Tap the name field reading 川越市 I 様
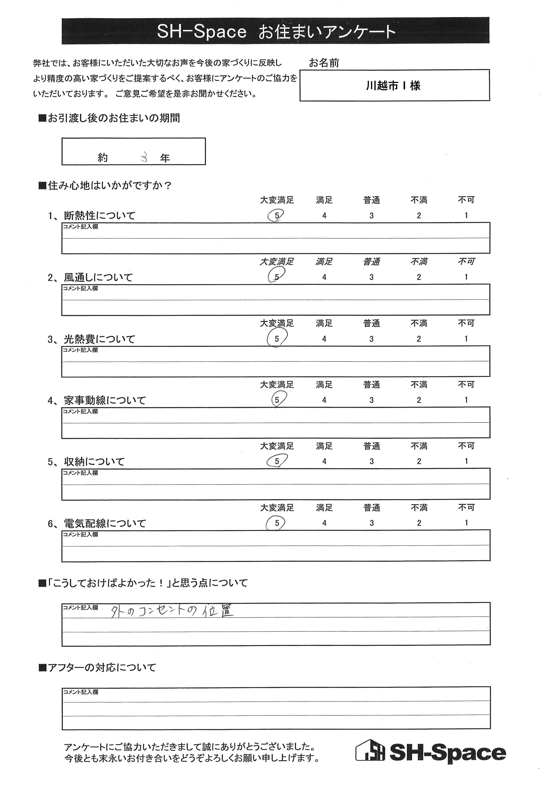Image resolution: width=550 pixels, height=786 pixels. tap(393, 85)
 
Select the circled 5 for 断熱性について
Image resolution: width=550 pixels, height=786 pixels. tap(277, 216)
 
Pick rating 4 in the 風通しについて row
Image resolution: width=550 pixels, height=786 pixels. tap(324, 277)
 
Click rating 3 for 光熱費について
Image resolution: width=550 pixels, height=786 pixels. tap(371, 339)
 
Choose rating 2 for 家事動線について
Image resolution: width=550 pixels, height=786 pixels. tap(419, 400)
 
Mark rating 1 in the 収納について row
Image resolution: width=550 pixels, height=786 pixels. tap(466, 461)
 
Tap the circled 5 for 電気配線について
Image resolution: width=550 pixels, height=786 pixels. tap(277, 523)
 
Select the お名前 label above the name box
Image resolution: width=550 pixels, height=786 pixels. tap(324, 63)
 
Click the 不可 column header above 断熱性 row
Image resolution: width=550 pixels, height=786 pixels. tap(466, 200)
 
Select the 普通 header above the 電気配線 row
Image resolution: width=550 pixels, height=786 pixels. tap(371, 508)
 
